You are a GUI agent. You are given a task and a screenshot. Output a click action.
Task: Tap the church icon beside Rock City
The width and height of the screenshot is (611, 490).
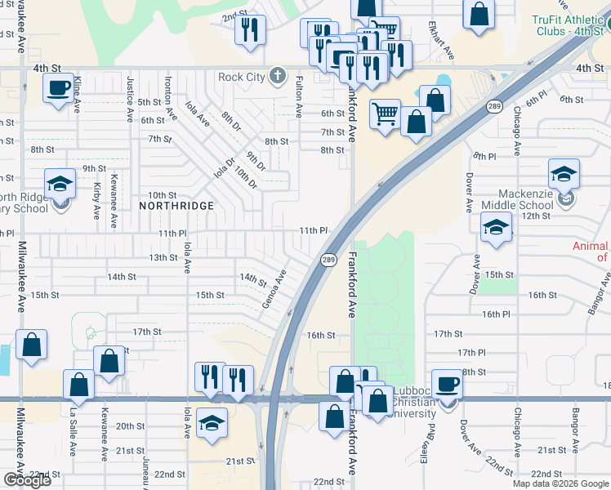pyautogui.click(x=278, y=77)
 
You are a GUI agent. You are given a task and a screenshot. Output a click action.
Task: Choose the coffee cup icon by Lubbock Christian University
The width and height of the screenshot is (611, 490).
pyautogui.click(x=447, y=383)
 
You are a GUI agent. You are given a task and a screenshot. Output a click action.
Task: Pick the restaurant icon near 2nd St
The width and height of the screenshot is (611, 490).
pyautogui.click(x=250, y=29)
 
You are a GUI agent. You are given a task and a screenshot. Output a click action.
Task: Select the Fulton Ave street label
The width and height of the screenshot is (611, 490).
pyautogui.click(x=299, y=96)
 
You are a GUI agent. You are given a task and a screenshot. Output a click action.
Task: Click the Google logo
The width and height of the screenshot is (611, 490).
pyautogui.click(x=27, y=480)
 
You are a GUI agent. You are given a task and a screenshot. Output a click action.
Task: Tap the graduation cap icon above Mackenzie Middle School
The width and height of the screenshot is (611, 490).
pyautogui.click(x=564, y=173)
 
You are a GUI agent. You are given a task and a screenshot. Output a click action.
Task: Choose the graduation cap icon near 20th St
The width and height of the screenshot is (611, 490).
pyautogui.click(x=212, y=425)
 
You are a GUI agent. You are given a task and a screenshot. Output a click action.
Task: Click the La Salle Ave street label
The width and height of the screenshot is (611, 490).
pyautogui.click(x=73, y=425)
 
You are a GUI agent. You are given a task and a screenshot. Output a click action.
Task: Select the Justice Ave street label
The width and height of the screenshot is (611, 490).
pyautogui.click(x=130, y=100)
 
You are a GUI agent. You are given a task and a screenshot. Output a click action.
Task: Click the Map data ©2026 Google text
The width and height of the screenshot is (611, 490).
pyautogui.click(x=560, y=483)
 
